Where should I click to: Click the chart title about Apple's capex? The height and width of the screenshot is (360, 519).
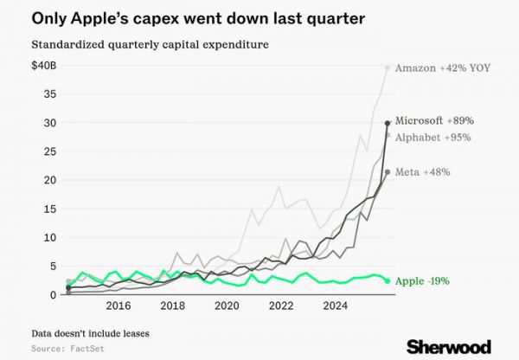(183, 18)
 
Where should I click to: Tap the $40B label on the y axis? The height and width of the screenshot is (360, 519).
(44, 67)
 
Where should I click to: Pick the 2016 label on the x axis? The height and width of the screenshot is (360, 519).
(118, 305)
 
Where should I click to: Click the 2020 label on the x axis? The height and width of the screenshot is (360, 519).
(227, 305)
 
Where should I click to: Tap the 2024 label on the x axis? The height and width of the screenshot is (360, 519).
(336, 305)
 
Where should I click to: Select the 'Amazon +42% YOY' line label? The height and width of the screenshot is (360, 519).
(443, 67)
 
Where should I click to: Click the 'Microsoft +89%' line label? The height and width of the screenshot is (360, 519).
(434, 121)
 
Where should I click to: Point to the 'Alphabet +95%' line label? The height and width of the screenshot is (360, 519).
(432, 137)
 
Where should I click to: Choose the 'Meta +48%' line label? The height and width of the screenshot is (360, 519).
(422, 172)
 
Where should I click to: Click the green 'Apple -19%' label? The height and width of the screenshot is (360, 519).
(422, 281)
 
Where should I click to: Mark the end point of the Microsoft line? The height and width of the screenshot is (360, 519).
(387, 123)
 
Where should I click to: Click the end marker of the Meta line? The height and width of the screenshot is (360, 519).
(387, 171)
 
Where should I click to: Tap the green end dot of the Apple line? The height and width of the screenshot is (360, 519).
(387, 281)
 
